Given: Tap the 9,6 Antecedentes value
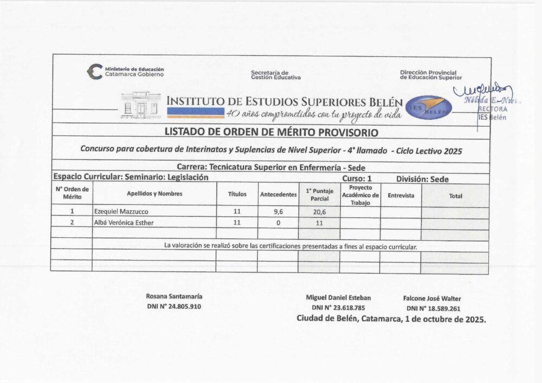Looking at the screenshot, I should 278,212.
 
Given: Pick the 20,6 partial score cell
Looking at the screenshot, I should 319,212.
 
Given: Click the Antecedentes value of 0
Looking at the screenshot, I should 278,223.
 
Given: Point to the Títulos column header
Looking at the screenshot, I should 236,194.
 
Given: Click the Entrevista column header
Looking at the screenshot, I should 401,195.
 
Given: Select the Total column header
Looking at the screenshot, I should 455,196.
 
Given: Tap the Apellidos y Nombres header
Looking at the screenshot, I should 154,193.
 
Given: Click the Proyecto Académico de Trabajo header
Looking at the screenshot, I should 360,195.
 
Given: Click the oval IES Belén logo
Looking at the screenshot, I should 429,106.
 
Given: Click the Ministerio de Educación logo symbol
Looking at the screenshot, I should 95,72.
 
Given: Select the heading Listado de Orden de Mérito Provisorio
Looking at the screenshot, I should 272,133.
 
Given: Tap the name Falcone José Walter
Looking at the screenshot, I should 432,298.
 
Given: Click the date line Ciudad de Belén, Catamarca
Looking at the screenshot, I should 391,319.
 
